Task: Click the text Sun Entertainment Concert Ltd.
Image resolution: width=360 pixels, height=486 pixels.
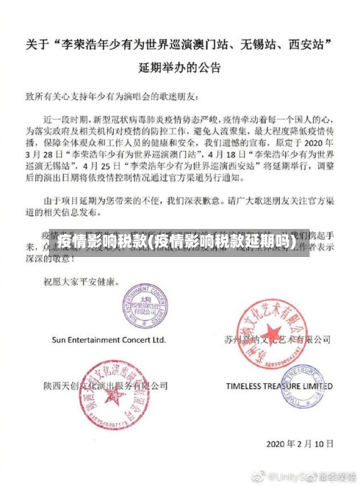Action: (108, 338)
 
